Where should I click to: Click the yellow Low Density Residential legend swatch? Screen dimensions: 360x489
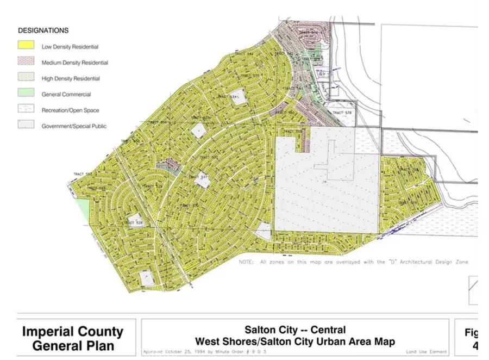click(x=26, y=46)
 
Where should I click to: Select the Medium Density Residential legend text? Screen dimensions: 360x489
click(x=74, y=63)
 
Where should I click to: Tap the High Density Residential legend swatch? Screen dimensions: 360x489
click(x=26, y=78)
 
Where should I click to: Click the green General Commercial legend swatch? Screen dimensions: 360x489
click(x=26, y=94)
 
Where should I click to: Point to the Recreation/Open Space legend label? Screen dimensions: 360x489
click(x=70, y=110)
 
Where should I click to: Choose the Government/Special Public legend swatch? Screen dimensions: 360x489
click(x=26, y=126)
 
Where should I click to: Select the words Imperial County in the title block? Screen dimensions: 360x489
click(x=72, y=332)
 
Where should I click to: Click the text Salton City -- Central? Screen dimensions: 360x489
click(x=295, y=330)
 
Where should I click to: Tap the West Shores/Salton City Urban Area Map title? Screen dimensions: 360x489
click(x=295, y=342)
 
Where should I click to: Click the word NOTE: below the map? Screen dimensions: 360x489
click(x=247, y=262)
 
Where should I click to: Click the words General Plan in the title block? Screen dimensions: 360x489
click(x=72, y=345)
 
